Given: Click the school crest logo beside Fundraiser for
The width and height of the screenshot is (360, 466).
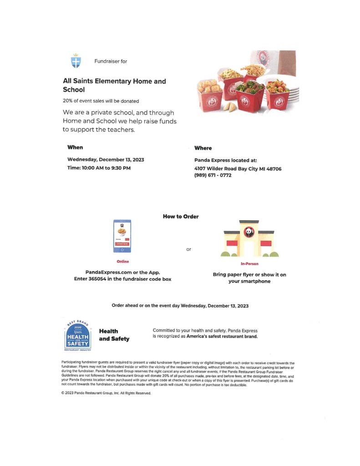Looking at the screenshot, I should point(76,61).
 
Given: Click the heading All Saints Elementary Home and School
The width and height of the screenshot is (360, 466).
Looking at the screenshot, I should point(114,85).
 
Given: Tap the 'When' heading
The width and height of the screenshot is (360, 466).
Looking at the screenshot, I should point(75,147).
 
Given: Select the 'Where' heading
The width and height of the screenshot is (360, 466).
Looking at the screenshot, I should point(203,148).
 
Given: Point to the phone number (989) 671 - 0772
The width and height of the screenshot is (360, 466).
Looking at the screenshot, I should point(213,175).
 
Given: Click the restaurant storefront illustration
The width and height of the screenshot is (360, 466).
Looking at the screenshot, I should point(248,239).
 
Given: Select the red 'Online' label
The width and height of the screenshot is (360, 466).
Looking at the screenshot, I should point(122,262).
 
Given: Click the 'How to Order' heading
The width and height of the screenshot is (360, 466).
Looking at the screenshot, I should point(181,217).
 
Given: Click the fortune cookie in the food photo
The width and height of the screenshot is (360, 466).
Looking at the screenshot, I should point(230,107).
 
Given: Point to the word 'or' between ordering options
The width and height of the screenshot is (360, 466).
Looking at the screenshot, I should point(189,249).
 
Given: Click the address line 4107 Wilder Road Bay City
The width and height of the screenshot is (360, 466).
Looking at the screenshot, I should point(238,168).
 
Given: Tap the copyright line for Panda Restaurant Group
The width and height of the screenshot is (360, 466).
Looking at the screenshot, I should point(106,393).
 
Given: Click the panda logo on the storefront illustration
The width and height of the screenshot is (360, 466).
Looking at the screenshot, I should point(249,232).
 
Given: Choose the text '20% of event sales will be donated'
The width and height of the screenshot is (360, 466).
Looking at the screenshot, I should point(101,101).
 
